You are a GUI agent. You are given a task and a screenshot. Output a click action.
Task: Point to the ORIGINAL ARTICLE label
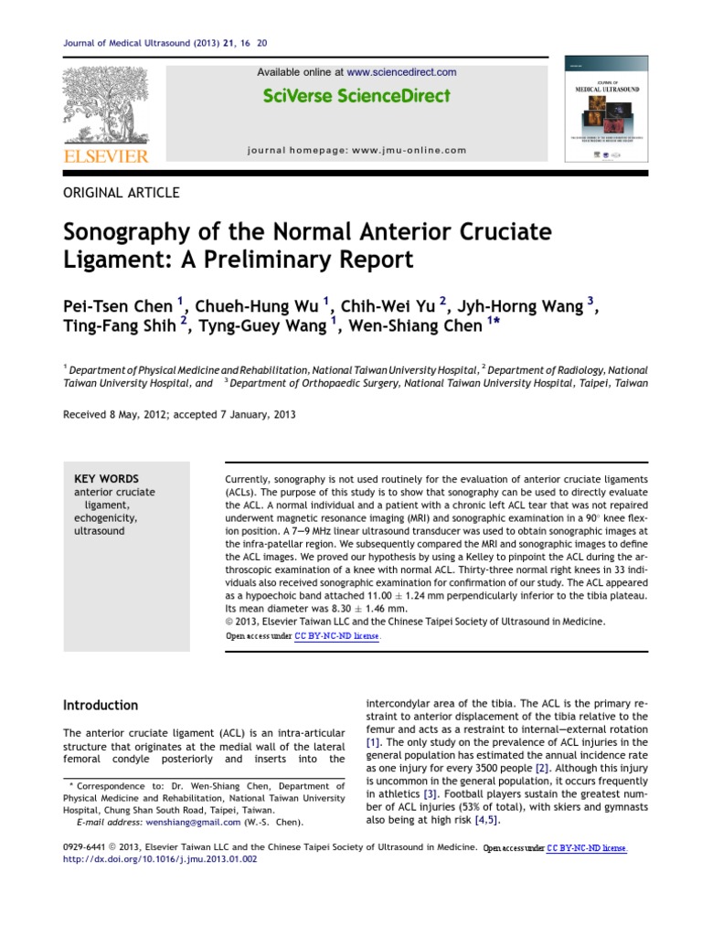(121, 193)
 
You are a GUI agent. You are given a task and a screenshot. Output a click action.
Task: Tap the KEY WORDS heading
(106, 479)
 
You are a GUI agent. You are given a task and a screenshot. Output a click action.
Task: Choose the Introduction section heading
(100, 706)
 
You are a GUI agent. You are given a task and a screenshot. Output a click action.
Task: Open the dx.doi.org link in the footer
(160, 859)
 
